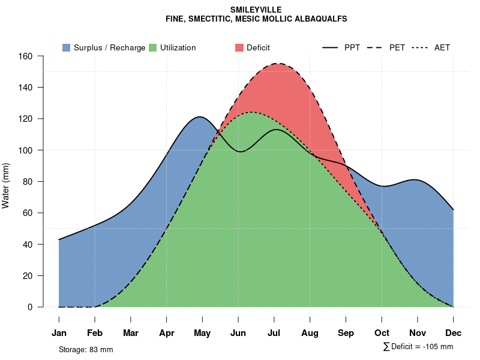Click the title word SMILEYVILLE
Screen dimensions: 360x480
tap(256, 10)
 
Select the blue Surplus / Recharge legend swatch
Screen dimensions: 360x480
tap(67, 47)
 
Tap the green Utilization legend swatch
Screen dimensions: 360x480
tap(152, 47)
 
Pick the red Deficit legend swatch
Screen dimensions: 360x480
tap(239, 47)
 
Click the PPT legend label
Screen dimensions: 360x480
tap(352, 47)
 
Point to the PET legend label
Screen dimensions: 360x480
tap(397, 47)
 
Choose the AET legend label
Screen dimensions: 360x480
tap(442, 47)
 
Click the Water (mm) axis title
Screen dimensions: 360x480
tap(6, 185)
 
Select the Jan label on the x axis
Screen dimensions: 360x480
tap(59, 333)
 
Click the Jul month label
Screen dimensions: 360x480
tap(274, 333)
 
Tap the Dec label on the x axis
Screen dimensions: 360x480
tap(454, 333)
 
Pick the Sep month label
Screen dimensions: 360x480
tap(346, 333)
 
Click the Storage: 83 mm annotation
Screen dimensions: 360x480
tap(86, 349)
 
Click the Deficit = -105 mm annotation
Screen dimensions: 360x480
tap(418, 347)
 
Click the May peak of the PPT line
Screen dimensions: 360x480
tap(200, 116)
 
